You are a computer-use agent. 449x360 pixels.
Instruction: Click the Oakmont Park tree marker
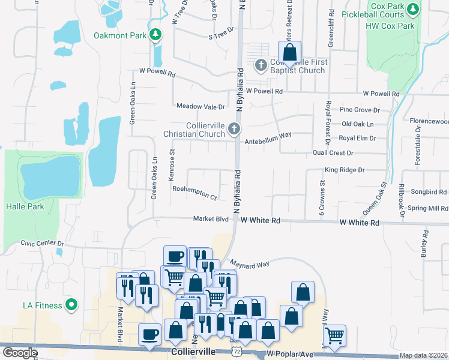(156, 35)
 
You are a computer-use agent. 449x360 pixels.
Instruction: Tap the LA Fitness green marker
(71, 305)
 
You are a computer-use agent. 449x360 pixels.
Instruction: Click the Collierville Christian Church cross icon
(234, 128)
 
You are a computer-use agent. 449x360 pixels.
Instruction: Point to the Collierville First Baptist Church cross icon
(261, 65)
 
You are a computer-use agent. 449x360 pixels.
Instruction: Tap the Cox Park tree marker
(412, 9)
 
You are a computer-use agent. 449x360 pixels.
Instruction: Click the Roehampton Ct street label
(194, 192)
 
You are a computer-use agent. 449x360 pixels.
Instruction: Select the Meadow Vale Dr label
(200, 106)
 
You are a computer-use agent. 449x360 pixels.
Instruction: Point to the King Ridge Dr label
(345, 170)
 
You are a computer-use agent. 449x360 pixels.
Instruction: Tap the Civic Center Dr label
(42, 243)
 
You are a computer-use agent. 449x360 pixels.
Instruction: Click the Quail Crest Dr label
(333, 153)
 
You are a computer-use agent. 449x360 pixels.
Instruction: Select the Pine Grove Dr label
(360, 110)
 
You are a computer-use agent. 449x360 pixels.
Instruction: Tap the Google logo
(20, 353)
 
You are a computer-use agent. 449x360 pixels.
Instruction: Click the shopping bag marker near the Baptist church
(289, 53)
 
